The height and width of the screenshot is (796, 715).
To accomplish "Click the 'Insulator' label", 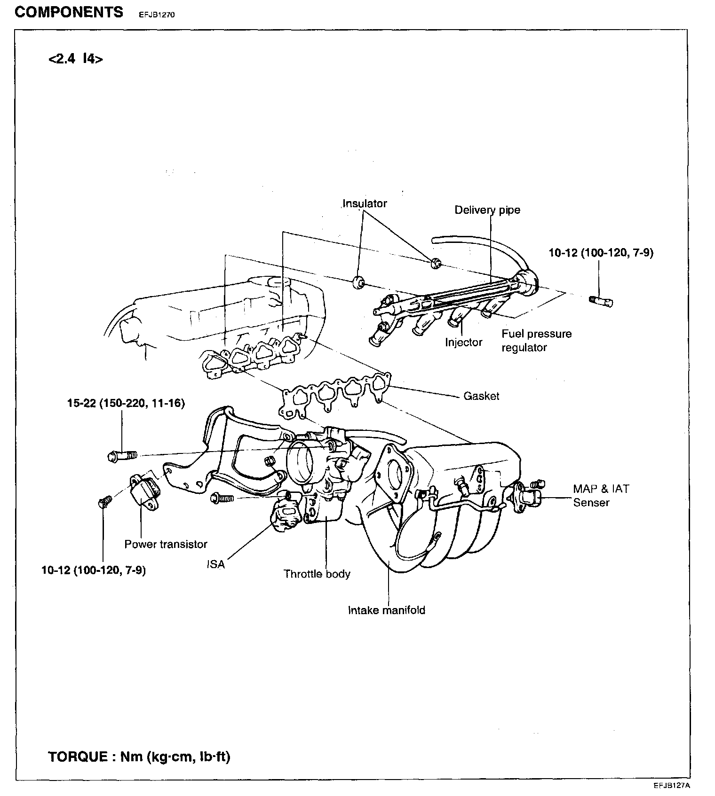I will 365,203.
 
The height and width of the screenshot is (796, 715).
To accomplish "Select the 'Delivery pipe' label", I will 487,210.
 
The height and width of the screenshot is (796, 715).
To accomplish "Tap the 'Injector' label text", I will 463,342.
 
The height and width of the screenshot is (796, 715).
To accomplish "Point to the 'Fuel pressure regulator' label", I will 536,341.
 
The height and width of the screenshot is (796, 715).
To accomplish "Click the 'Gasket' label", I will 481,396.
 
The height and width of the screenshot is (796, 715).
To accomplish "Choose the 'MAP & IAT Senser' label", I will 600,495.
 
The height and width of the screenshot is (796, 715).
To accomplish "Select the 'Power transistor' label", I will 166,544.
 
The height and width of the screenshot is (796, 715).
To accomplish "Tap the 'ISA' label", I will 216,564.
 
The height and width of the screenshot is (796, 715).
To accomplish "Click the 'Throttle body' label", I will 317,574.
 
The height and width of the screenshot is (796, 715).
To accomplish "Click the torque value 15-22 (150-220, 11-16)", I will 126,403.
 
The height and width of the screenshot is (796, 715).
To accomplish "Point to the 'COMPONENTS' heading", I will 69,12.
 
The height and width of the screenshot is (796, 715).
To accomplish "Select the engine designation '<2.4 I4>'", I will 75,59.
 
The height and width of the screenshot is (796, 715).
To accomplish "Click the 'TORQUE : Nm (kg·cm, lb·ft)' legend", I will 139,757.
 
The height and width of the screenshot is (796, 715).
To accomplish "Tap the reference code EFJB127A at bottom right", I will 671,785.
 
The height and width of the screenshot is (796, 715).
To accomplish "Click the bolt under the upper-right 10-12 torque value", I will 601,300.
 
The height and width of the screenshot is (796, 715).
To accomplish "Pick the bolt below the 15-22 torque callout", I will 121,455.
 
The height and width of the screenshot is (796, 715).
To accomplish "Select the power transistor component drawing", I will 144,492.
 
